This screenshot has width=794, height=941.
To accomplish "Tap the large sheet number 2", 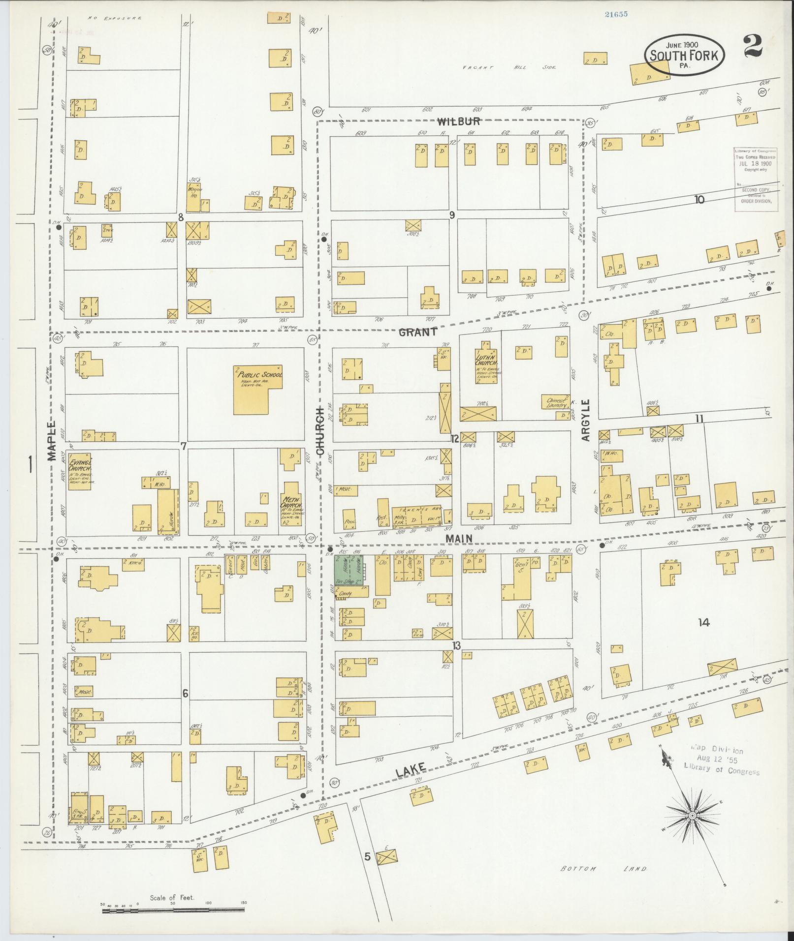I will click(x=753, y=47).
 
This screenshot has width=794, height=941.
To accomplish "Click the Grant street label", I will click(x=417, y=332).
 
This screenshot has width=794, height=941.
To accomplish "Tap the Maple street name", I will click(x=52, y=441).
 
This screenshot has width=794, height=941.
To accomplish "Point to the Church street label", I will click(x=319, y=430).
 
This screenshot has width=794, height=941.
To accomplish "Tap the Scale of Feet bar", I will click(x=173, y=911).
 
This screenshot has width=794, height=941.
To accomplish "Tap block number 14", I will click(x=703, y=623).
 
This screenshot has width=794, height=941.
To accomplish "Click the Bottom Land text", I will click(x=603, y=869).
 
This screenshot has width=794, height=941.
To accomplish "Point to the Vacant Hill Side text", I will click(x=508, y=67).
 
